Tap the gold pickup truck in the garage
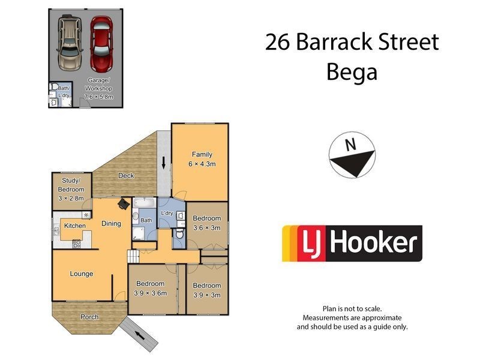tap(70, 43)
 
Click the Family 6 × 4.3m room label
tap(202, 159)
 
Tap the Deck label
tap(125, 176)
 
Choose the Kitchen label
tap(75, 226)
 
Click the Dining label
tap(111, 224)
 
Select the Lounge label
tap(82, 274)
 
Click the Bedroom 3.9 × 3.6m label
tap(151, 289)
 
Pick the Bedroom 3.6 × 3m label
tap(207, 223)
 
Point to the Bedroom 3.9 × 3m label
tap(207, 290)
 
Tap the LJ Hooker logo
tap(352, 244)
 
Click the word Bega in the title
tap(352, 72)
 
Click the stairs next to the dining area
tap(133, 256)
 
